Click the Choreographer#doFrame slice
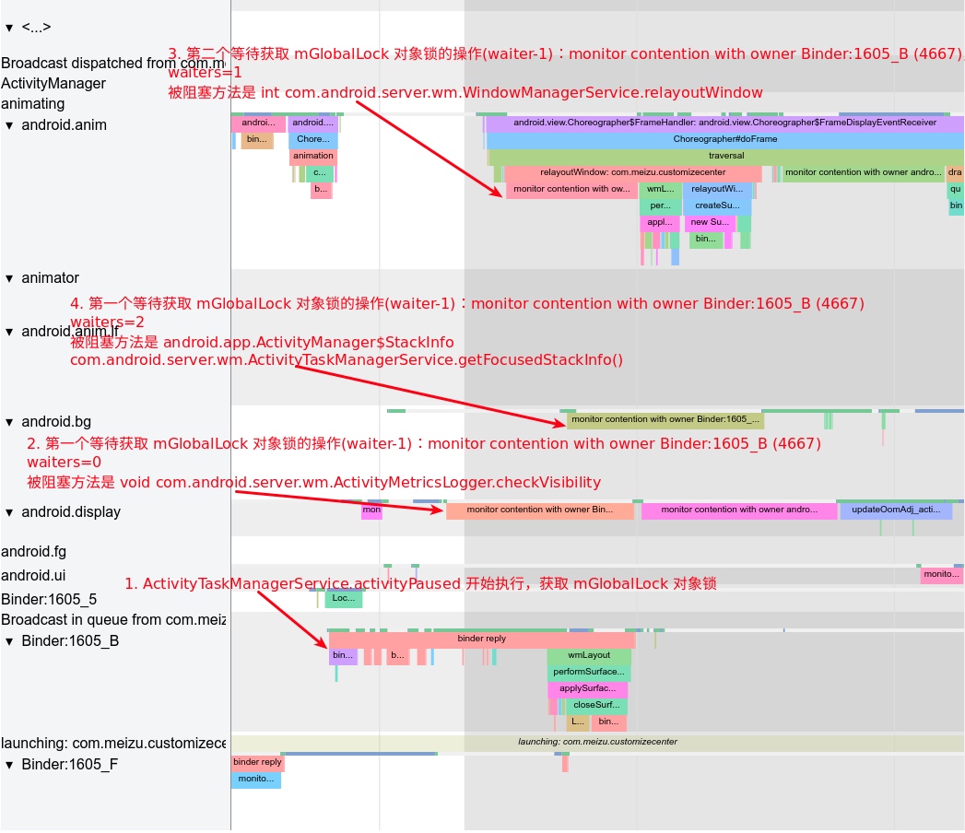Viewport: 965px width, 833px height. [x=724, y=139]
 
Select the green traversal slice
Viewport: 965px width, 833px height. [x=726, y=156]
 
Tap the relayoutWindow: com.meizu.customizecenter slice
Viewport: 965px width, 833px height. [x=632, y=172]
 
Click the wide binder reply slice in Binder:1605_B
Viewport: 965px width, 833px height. [x=481, y=639]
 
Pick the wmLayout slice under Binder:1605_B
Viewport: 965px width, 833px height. [x=588, y=655]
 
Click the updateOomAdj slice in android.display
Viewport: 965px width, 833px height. [x=895, y=510]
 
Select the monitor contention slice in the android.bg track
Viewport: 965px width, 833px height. [x=665, y=420]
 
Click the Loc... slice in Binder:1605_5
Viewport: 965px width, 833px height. [x=343, y=599]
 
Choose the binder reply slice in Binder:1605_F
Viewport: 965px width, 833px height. [x=257, y=763]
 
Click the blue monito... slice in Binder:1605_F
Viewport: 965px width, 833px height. [x=255, y=780]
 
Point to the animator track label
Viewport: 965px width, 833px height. [x=50, y=278]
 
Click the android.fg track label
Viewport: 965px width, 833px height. [x=33, y=552]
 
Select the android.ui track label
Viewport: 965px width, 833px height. [x=33, y=576]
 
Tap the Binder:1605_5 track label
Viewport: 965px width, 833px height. [x=49, y=599]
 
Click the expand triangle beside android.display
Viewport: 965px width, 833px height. [x=9, y=512]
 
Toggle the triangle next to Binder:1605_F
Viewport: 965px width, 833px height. [x=9, y=765]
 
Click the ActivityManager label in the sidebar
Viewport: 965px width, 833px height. [x=53, y=84]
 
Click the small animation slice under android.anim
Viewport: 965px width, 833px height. [x=313, y=156]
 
